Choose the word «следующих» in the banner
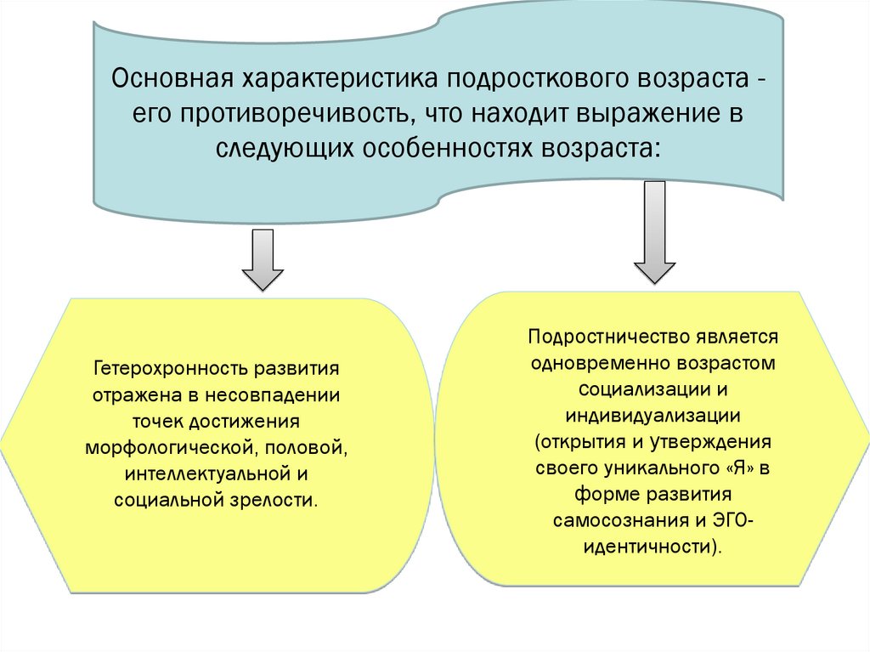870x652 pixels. point(283,148)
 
